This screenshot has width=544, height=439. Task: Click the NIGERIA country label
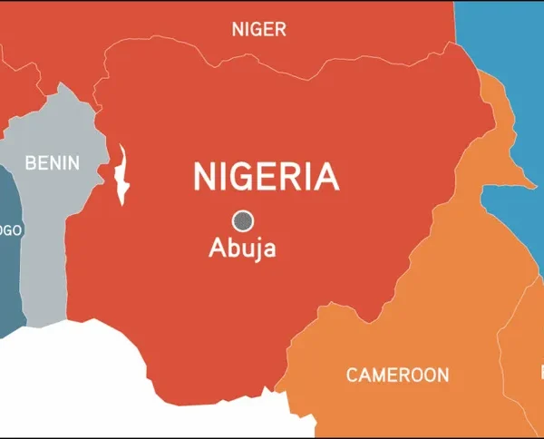266,176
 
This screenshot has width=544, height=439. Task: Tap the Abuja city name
242,248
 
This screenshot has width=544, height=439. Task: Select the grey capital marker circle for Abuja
242,220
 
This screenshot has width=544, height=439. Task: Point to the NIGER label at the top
258,30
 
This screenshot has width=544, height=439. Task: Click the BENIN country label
52,163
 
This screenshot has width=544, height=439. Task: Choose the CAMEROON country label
397,375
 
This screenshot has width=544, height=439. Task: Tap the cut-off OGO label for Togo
10,230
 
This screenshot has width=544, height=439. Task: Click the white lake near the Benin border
122,174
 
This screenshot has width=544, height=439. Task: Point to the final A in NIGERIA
326,176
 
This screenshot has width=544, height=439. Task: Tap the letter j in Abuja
255,249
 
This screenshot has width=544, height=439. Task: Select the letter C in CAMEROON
352,375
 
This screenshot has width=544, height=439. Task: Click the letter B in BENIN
30,163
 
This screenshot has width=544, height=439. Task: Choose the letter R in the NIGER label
280,30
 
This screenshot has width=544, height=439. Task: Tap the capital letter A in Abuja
217,248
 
